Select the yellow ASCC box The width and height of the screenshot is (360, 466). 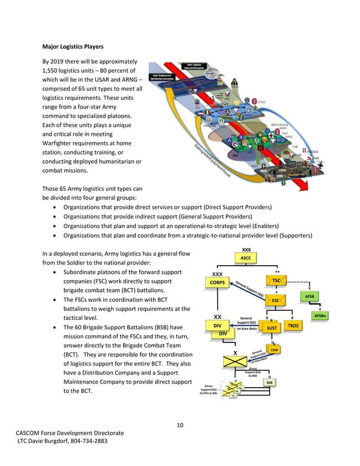click(x=246, y=258)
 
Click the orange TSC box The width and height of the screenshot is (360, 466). click(x=276, y=280)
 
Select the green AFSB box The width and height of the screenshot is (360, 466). click(x=309, y=295)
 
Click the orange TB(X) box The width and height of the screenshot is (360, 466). click(x=293, y=326)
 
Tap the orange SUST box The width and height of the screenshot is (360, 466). click(x=271, y=327)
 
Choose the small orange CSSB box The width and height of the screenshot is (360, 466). click(x=275, y=350)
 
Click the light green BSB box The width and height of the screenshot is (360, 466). click(x=270, y=383)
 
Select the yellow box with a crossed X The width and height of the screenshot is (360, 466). click(x=235, y=362)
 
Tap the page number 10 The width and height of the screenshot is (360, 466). click(x=179, y=424)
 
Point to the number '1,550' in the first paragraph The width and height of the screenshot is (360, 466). click(x=54, y=70)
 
